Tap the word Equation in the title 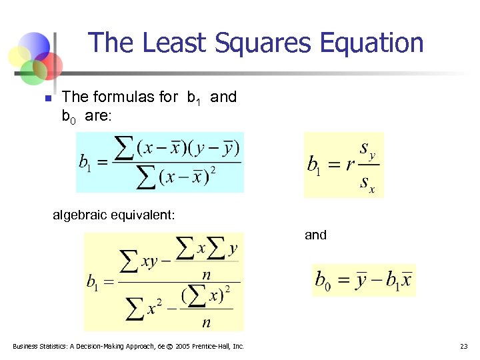[372, 43]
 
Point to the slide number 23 [464, 346]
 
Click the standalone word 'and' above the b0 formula [315, 235]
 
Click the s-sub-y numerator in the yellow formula [367, 148]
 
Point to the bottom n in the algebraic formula [207, 323]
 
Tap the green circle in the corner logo [32, 71]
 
